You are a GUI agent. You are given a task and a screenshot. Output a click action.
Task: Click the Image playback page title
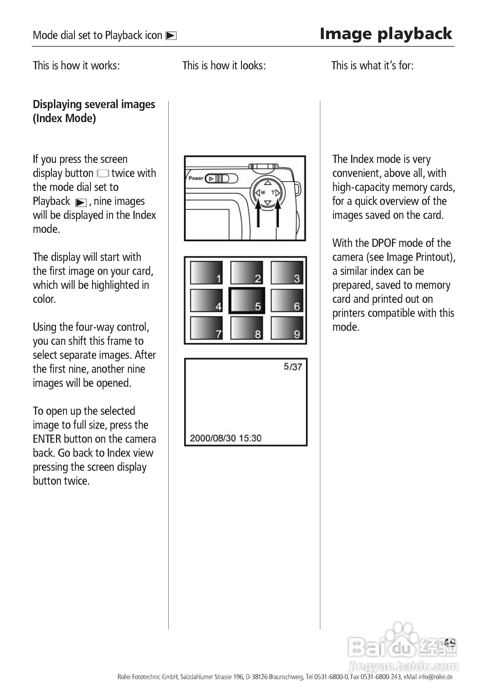click(386, 34)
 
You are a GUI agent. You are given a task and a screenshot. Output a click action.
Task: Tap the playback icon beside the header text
click(171, 36)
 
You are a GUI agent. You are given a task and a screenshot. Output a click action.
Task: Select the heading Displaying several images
click(94, 105)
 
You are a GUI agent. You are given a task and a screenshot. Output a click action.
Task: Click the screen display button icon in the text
click(103, 173)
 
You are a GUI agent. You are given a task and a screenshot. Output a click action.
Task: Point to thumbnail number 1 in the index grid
click(206, 273)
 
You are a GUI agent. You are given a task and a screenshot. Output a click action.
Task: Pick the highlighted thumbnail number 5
click(247, 301)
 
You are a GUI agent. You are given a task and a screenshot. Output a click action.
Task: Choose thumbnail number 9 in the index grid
click(287, 328)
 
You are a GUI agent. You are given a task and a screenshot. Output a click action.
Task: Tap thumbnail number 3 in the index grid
click(287, 273)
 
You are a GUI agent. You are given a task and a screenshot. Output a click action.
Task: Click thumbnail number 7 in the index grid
click(206, 328)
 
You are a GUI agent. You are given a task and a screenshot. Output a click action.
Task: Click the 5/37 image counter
click(293, 367)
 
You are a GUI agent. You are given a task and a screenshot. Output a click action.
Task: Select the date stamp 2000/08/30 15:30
click(226, 438)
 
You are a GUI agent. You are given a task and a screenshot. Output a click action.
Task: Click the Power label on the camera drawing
click(196, 178)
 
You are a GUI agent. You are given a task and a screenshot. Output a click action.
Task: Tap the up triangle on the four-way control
click(268, 183)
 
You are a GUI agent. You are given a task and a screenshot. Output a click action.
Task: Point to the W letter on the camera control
click(263, 193)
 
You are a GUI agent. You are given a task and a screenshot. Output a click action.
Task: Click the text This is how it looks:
click(224, 66)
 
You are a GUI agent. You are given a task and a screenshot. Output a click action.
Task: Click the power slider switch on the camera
click(221, 179)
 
